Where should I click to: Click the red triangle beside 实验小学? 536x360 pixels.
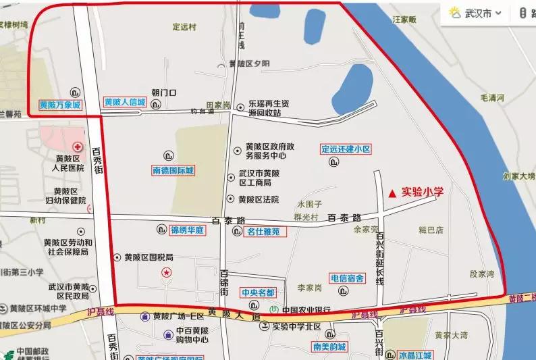392,192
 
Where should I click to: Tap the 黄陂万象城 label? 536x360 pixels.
59,105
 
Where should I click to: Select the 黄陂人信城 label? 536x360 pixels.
125,103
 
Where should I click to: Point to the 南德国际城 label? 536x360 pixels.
173,171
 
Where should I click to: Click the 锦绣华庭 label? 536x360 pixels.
186,230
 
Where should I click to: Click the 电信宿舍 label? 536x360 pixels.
347,278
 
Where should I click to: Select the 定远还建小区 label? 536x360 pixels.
346,149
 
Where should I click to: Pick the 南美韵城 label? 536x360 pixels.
329,347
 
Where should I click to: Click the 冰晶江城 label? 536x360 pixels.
414,355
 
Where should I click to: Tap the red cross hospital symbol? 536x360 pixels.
78,147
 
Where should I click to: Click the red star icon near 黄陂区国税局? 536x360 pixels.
166,272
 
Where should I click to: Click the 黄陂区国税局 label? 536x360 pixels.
148,257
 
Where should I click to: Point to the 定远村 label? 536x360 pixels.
184,27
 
